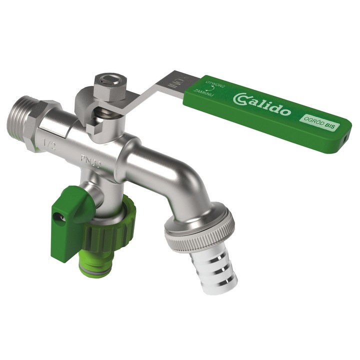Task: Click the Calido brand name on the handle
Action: click(263, 102)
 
